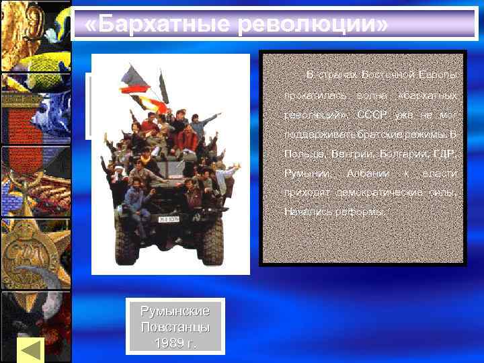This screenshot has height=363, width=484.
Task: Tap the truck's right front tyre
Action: pyautogui.click(x=214, y=245)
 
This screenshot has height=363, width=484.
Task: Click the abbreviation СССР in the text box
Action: pyautogui.click(x=371, y=114)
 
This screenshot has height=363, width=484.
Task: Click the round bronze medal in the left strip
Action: pyautogui.click(x=28, y=255)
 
